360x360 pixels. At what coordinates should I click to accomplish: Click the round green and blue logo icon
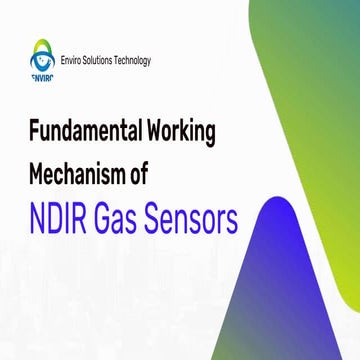(x=41, y=60)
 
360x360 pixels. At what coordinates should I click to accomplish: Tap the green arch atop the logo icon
(x=41, y=45)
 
